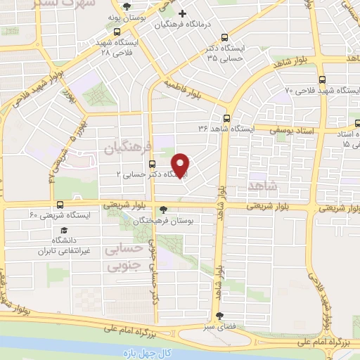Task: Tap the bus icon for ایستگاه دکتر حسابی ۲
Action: (x=152, y=165)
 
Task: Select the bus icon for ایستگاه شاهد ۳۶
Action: (x=226, y=118)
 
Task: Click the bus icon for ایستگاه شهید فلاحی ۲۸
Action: (x=117, y=32)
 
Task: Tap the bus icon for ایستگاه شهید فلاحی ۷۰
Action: (x=322, y=79)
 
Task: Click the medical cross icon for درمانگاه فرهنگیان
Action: (x=182, y=14)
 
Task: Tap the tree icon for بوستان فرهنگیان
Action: (x=164, y=209)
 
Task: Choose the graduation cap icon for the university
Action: (x=63, y=230)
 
